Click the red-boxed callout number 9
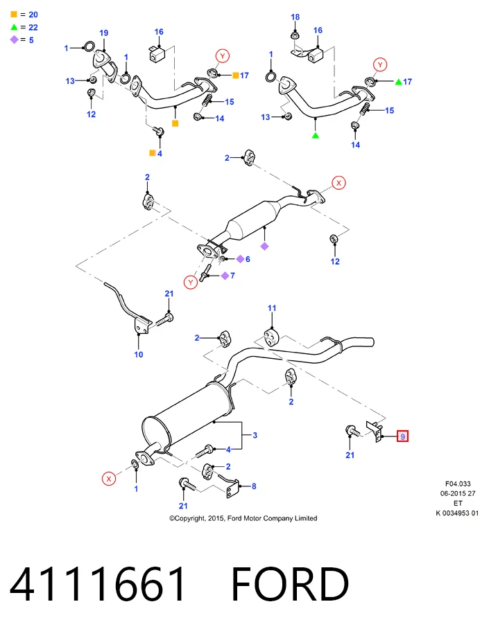tap(402, 436)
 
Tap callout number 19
tap(104, 33)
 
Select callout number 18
tap(295, 17)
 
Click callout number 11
tap(272, 308)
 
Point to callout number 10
tap(139, 355)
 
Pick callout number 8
tap(254, 486)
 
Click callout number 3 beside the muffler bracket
tap(255, 435)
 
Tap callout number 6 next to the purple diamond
tap(248, 259)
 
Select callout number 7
tap(232, 276)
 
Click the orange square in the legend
tap(14, 15)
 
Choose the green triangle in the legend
tap(14, 27)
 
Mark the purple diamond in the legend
tap(15, 39)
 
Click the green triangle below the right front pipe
tap(316, 135)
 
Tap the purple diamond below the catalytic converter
tap(264, 246)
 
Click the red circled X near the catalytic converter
tap(338, 183)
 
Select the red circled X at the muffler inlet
tap(109, 479)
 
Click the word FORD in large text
tap(290, 584)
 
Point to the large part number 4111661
tap(97, 584)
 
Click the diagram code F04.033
tap(458, 484)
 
